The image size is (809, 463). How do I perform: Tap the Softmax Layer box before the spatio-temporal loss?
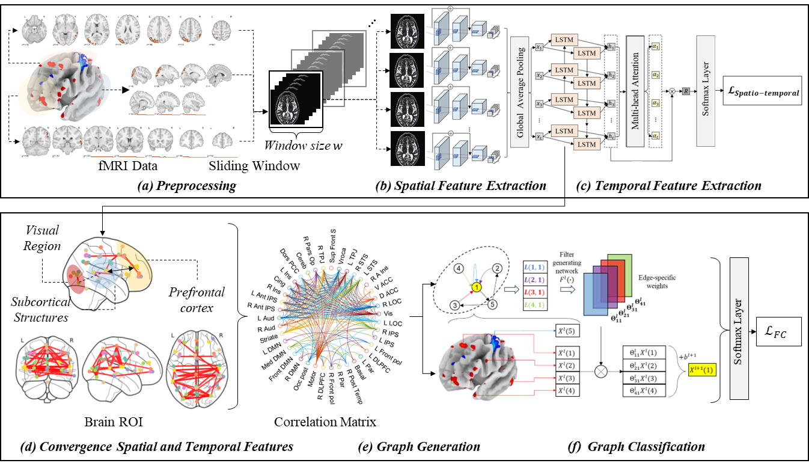pyautogui.click(x=706, y=90)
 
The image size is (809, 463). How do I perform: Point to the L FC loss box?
pyautogui.click(x=780, y=330)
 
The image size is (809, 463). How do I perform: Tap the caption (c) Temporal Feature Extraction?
pyautogui.click(x=668, y=186)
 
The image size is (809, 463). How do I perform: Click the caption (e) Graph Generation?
pyautogui.click(x=428, y=446)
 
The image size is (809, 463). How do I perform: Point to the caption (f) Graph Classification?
pyautogui.click(x=636, y=446)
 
